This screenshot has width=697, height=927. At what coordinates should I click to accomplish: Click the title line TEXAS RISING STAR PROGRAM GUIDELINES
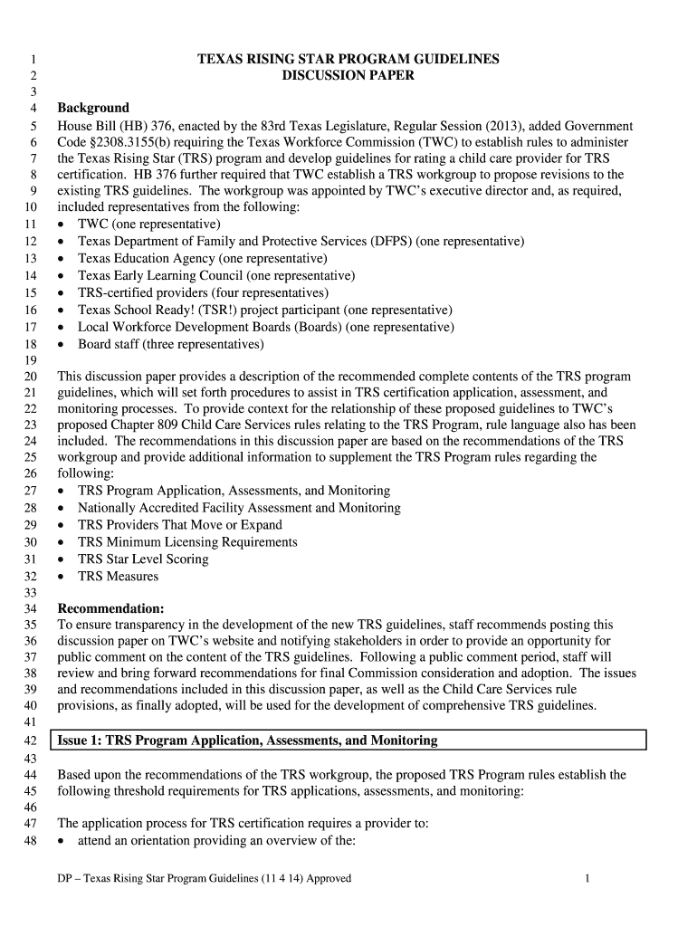(348, 59)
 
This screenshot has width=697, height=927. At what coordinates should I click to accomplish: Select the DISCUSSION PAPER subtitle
(348, 76)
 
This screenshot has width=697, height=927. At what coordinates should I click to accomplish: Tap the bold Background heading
(93, 109)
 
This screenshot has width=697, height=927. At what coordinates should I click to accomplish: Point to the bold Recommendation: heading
(110, 608)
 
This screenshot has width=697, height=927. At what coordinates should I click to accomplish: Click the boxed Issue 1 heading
(247, 741)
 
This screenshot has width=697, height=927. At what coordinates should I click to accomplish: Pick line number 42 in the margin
(30, 741)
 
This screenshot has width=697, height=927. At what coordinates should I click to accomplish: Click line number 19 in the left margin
(30, 360)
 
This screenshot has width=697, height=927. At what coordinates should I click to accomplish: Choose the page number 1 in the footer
(587, 878)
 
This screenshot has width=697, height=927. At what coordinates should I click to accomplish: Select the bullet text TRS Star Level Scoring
(143, 559)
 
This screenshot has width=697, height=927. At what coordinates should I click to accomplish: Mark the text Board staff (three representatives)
(171, 344)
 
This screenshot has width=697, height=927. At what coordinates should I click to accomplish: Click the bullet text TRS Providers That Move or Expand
(180, 525)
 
